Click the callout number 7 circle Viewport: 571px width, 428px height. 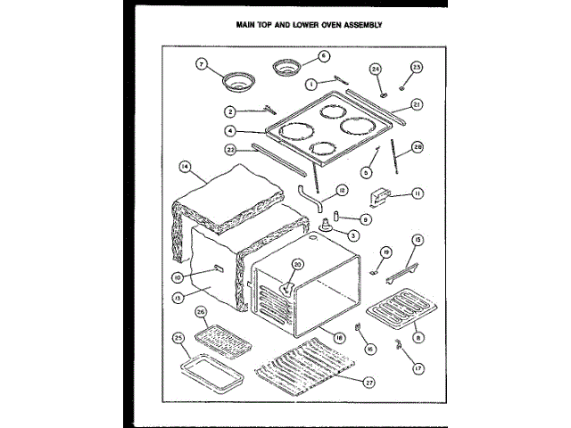coord(201,64)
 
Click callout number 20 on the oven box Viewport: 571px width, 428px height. coord(298,264)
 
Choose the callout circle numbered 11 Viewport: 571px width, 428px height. coord(417,193)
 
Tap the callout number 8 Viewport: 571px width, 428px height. coord(418,336)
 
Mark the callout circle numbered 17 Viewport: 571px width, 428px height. coord(417,366)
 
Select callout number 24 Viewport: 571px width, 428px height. coord(376,68)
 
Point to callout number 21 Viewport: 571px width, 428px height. coord(417,104)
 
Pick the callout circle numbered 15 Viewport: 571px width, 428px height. coord(417,239)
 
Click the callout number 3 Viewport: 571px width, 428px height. coord(354,235)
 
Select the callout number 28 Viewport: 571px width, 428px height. coord(417,147)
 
